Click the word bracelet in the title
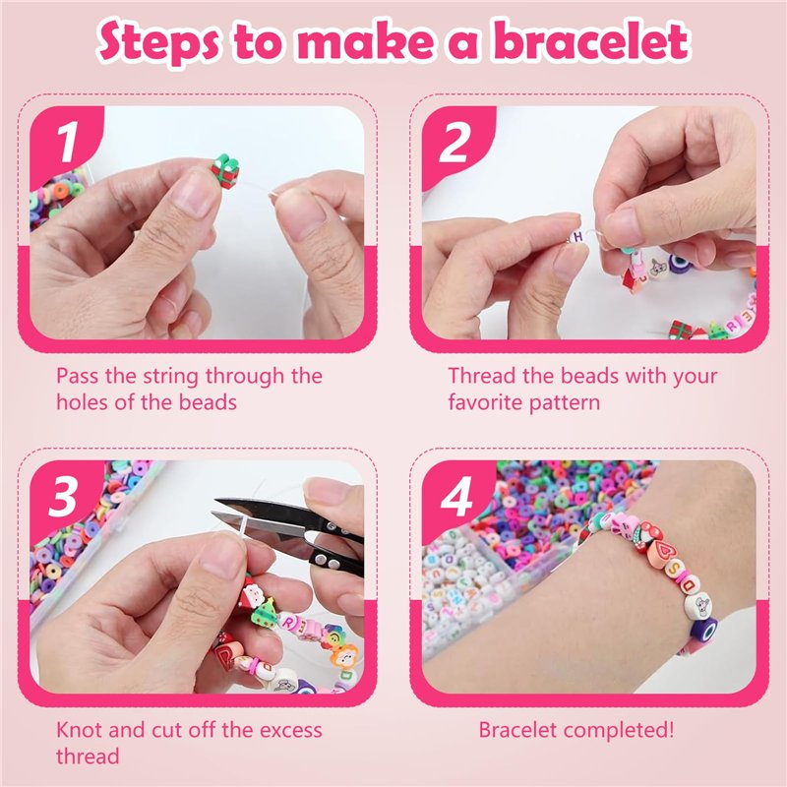592,42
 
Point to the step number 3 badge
64,497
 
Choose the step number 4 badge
455,497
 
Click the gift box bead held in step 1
224,171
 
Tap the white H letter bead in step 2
576,236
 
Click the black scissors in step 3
291,531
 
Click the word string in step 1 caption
171,377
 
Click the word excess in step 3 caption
290,731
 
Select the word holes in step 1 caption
82,402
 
